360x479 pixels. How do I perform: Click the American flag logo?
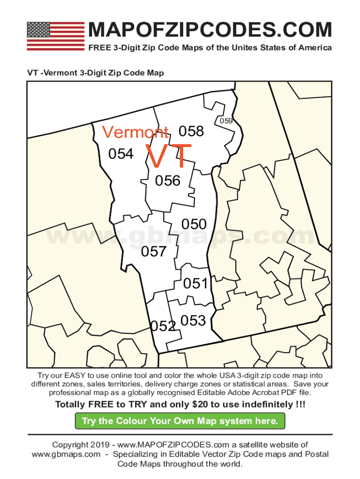point(56,36)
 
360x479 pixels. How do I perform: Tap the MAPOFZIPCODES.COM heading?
point(209,30)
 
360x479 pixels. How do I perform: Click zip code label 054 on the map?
point(121,154)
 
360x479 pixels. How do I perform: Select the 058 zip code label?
point(192,131)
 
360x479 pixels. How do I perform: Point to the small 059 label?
point(226,121)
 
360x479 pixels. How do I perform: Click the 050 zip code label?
point(194,224)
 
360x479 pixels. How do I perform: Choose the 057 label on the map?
point(154,252)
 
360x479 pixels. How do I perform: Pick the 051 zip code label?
point(195,283)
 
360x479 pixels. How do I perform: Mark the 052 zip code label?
point(162,326)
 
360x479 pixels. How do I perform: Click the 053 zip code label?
point(193,320)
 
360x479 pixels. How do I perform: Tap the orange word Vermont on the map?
point(136,132)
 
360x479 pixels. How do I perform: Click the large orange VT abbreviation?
point(169,157)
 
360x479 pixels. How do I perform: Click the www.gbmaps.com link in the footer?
point(66,454)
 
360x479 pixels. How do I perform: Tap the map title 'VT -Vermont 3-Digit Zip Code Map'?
point(95,73)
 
